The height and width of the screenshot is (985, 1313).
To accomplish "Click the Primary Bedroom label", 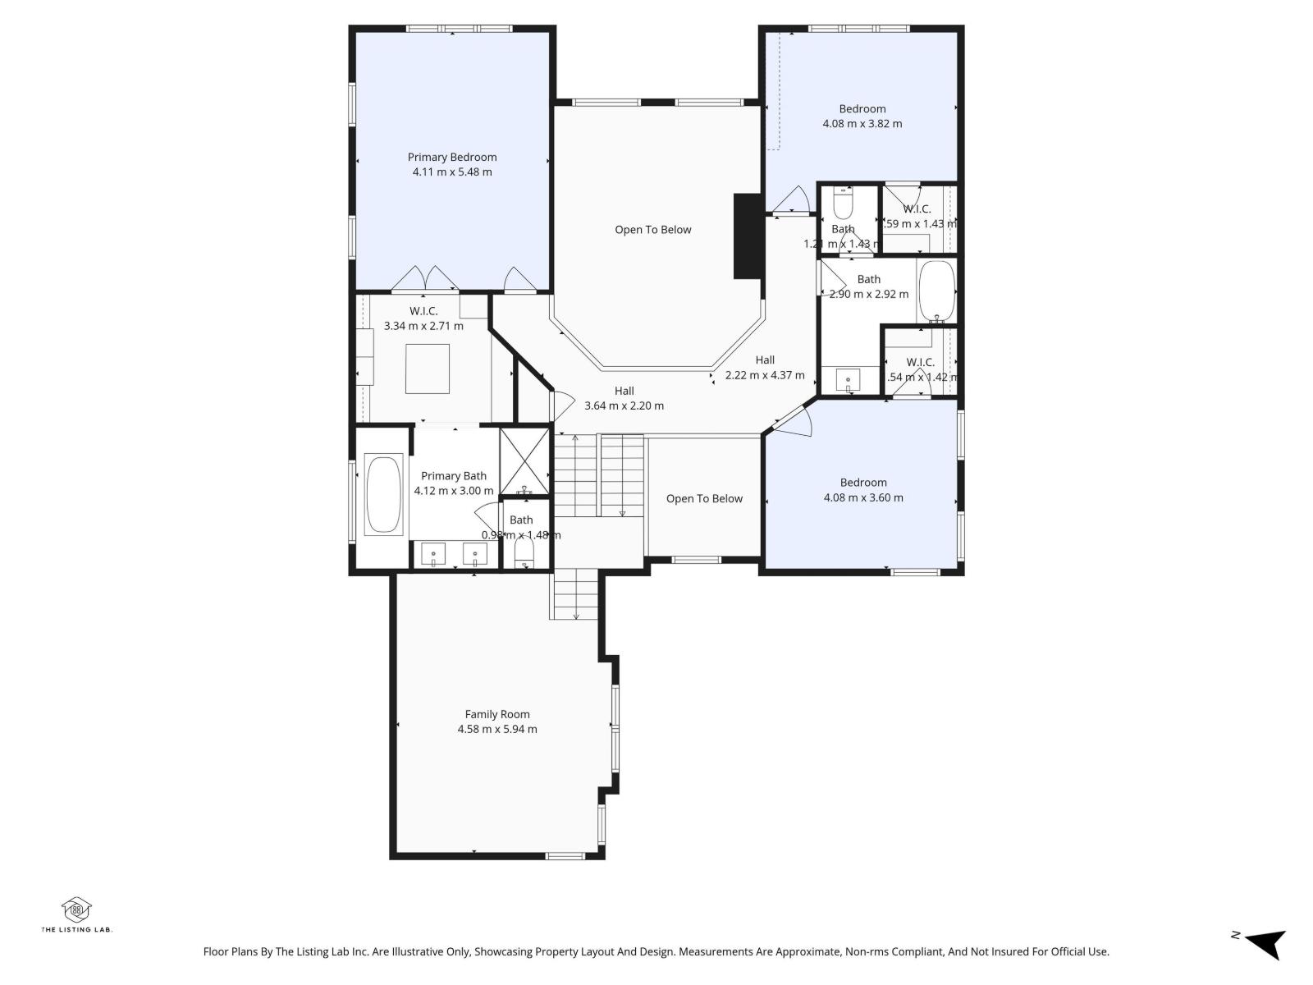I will [452, 157].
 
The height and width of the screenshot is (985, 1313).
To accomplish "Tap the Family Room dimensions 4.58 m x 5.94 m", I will [497, 729].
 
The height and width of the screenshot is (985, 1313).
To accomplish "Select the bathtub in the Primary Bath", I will [383, 495].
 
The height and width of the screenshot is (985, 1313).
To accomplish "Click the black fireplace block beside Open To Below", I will [748, 237].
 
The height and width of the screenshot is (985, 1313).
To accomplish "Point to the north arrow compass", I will [1264, 943].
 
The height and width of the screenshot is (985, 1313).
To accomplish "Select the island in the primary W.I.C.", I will [427, 369].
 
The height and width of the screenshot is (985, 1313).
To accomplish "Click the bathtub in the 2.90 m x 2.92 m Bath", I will [936, 291].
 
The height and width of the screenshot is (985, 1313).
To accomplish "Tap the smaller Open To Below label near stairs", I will [704, 498].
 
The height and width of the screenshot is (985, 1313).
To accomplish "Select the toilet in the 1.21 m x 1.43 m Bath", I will [843, 201].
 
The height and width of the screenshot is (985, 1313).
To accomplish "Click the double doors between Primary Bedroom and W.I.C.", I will [425, 279].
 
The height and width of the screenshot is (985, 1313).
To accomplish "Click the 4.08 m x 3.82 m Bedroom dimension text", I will [862, 124].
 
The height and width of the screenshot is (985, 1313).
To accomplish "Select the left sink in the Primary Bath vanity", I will [433, 555].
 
